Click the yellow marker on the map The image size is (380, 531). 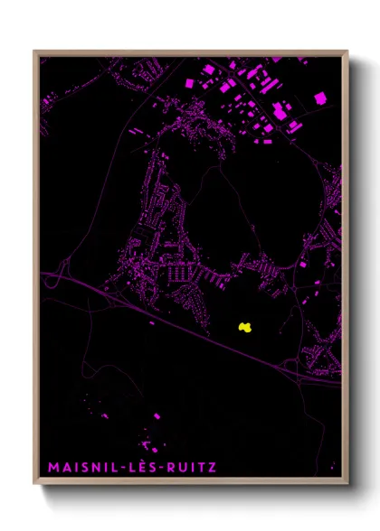[243, 327]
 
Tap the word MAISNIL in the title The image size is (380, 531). [79, 468]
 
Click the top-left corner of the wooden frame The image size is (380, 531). [34, 51]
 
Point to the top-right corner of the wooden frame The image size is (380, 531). [348, 51]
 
